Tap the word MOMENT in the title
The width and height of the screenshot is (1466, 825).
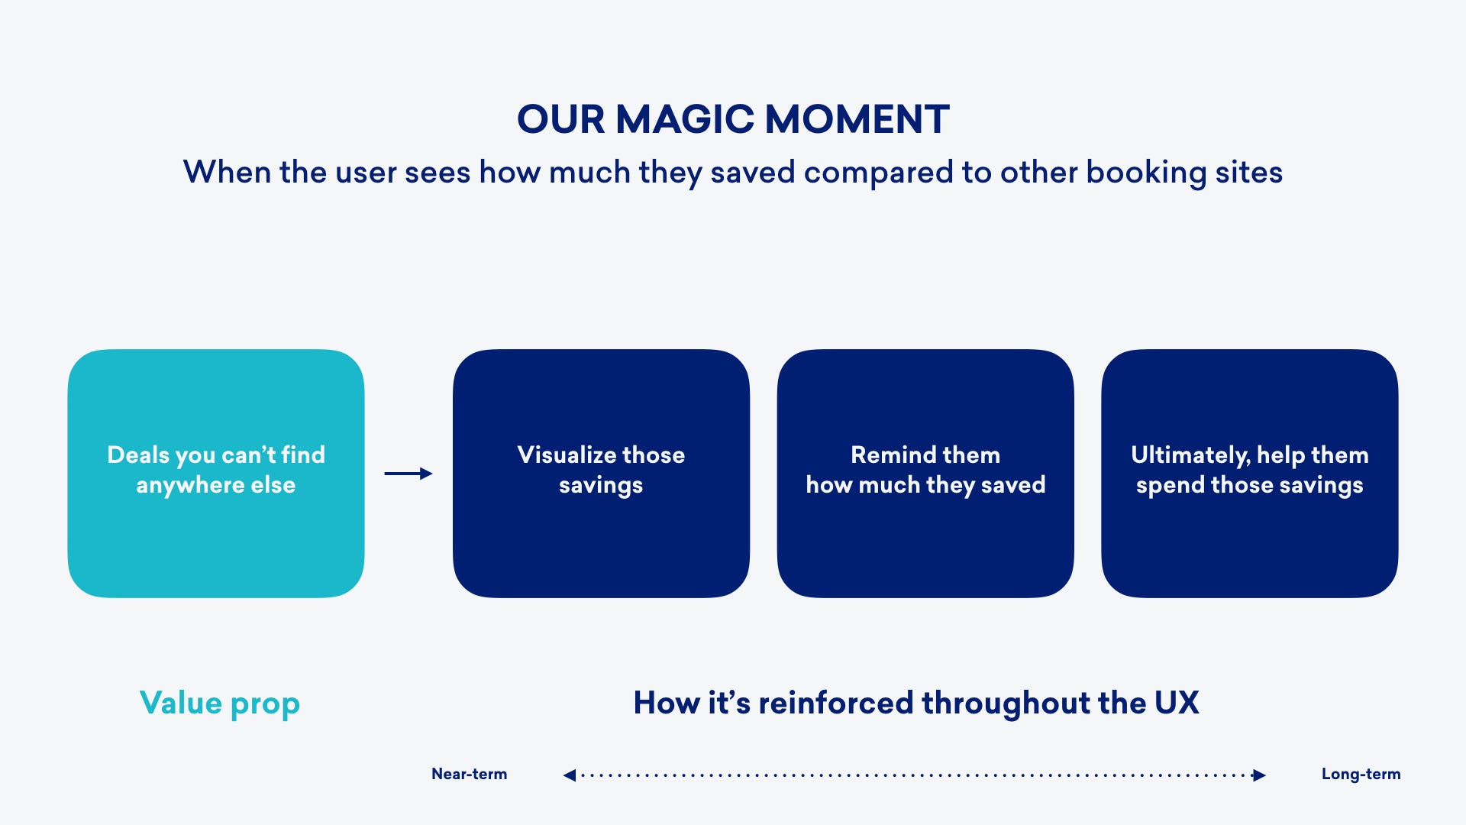857,120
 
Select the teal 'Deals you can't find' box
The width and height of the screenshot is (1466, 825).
216,474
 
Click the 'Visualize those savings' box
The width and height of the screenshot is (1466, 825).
601,474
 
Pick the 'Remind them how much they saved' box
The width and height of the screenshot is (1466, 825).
925,474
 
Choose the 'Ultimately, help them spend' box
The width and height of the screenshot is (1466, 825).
1250,474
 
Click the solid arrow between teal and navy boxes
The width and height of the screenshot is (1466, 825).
408,474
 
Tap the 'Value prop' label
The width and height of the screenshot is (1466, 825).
220,704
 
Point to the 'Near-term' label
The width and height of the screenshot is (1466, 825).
470,774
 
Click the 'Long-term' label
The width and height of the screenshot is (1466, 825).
1361,774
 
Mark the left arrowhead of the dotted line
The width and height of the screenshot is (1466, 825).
570,775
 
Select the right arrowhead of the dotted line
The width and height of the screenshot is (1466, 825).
1259,775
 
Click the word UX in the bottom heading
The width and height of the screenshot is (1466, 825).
1177,703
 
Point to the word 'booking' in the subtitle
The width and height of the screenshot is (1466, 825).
1146,173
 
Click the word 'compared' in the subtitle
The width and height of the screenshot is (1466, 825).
879,173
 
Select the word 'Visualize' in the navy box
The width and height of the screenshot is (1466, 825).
567,455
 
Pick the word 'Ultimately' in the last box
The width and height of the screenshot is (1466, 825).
1190,455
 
